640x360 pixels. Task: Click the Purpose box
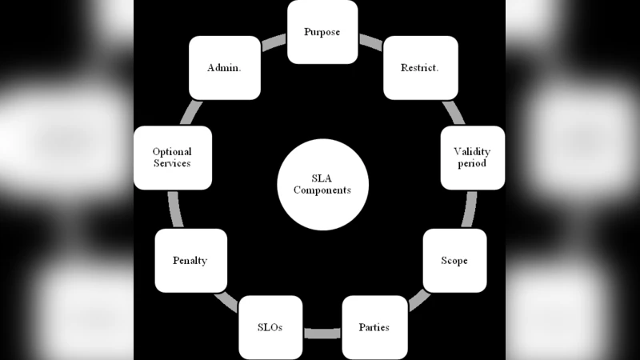[x=322, y=32]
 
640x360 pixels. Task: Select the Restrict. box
[x=420, y=67]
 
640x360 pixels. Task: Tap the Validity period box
[x=472, y=158]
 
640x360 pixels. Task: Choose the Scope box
[x=454, y=261]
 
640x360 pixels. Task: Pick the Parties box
[x=374, y=327]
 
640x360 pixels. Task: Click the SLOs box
[x=270, y=327]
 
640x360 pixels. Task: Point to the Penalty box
[x=190, y=261]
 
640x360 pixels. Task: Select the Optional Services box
[x=172, y=158]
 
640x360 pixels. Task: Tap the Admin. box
[x=225, y=67]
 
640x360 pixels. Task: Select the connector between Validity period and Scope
[x=470, y=210]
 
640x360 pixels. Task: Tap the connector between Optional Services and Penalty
[x=174, y=210]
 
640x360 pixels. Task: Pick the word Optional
[x=172, y=151]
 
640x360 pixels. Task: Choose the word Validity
[x=472, y=151]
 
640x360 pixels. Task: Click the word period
[x=472, y=163]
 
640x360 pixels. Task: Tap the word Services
[x=172, y=163]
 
